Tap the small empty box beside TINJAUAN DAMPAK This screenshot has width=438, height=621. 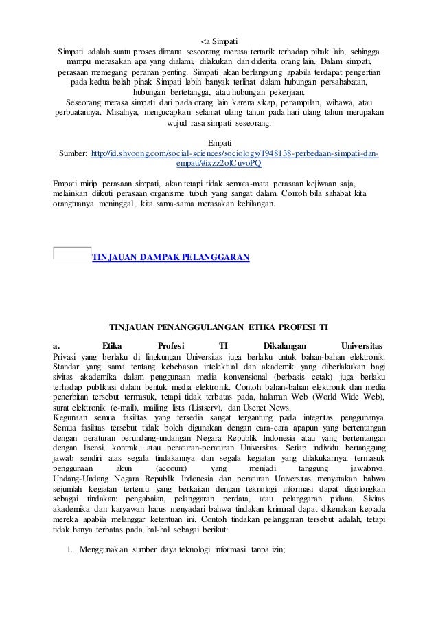[71, 252]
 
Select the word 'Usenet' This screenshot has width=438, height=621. [284, 407]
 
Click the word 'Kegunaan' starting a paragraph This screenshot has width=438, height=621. [73, 417]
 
